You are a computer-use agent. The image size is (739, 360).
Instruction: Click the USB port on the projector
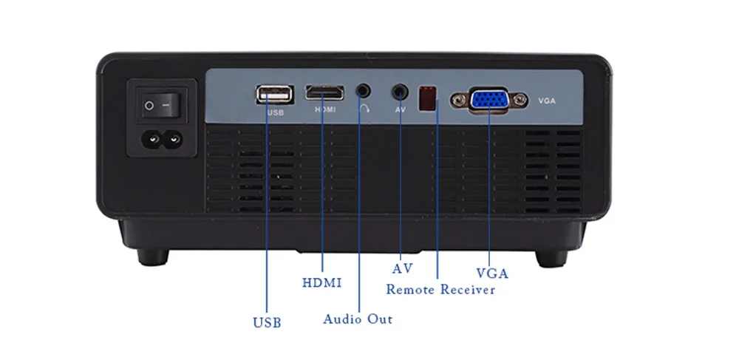(x=274, y=95)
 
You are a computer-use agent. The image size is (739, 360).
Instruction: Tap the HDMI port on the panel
(x=324, y=94)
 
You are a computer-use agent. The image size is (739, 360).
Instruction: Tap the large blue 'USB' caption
(x=267, y=322)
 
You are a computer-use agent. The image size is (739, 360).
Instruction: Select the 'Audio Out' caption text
(x=358, y=319)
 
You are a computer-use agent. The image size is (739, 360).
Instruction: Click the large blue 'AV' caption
(x=402, y=267)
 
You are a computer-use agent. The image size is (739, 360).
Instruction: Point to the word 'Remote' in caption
(x=410, y=289)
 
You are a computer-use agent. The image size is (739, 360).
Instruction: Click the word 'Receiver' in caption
(x=468, y=289)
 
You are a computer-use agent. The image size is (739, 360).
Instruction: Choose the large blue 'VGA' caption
(x=492, y=273)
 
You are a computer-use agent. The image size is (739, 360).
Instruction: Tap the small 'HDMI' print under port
(x=325, y=109)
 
